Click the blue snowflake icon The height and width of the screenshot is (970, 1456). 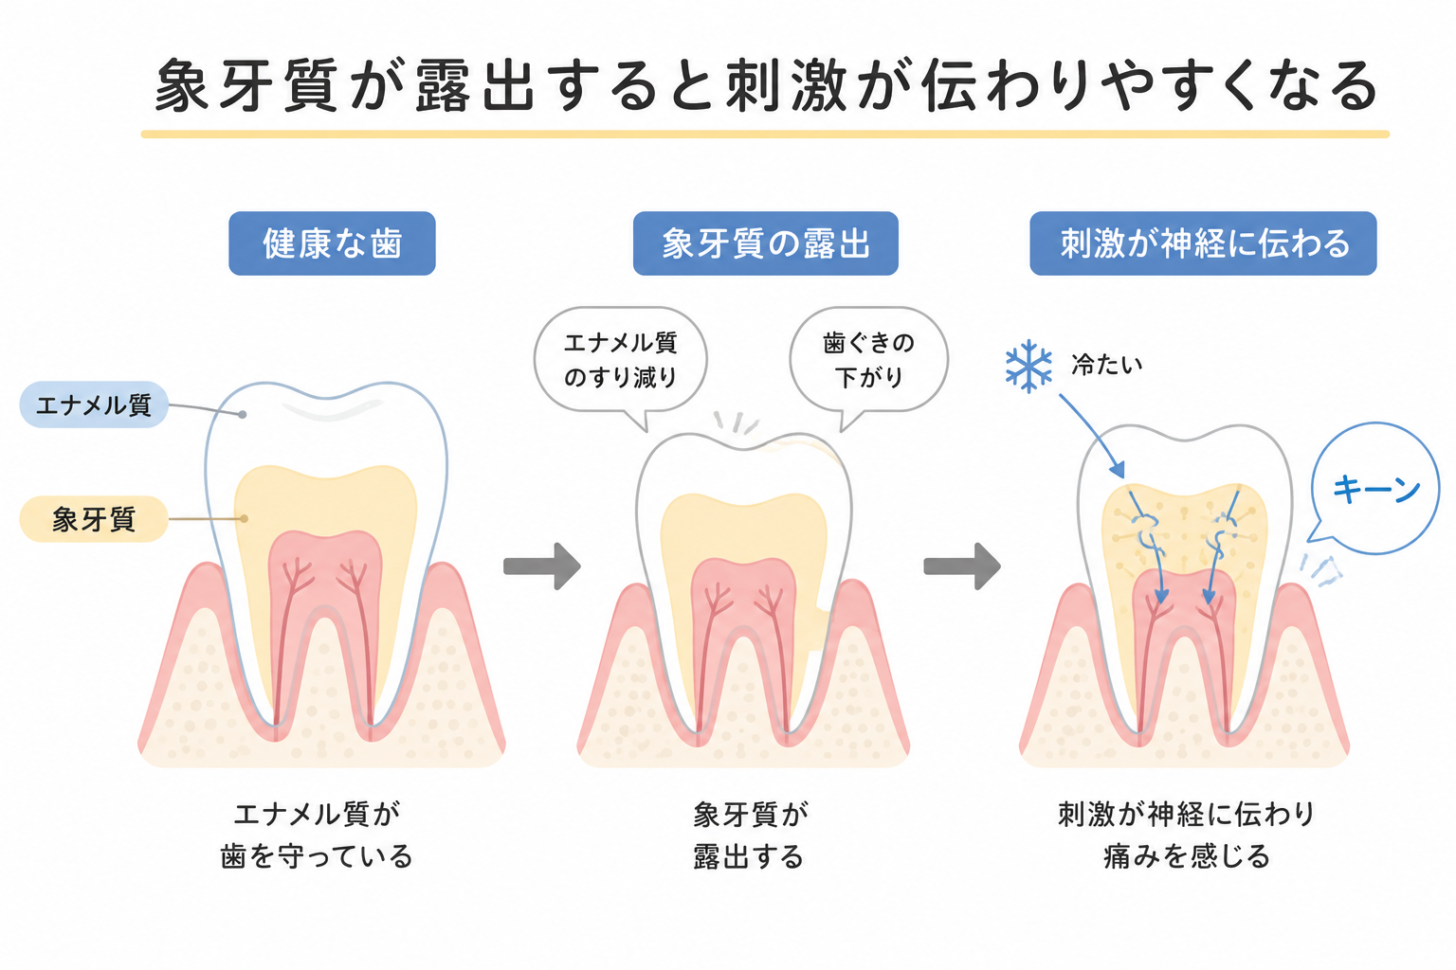pos(1028,366)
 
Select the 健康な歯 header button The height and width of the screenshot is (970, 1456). pos(332,243)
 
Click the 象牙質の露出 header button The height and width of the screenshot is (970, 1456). pos(766,243)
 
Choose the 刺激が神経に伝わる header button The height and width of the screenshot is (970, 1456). pos(1203,243)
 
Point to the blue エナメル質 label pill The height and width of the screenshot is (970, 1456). pos(94,404)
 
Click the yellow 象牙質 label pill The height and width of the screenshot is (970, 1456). pos(94,519)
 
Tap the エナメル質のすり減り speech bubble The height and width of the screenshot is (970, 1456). pos(621,360)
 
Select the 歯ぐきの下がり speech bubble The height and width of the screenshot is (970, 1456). pos(869,360)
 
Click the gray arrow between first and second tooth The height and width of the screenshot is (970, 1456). pos(542,566)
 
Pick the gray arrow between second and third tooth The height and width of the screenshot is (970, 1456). pos(962,566)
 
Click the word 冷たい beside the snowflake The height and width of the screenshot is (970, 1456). pos(1106,365)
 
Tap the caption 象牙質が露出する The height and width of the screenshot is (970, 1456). pos(750,835)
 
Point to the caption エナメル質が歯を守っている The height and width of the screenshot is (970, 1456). pos(317,835)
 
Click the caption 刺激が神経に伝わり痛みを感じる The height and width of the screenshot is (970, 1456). pos(1186,835)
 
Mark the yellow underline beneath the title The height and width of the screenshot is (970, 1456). pos(765,135)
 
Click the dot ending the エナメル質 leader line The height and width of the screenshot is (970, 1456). pos(243,415)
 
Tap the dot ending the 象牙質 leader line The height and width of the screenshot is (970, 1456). pos(244,518)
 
